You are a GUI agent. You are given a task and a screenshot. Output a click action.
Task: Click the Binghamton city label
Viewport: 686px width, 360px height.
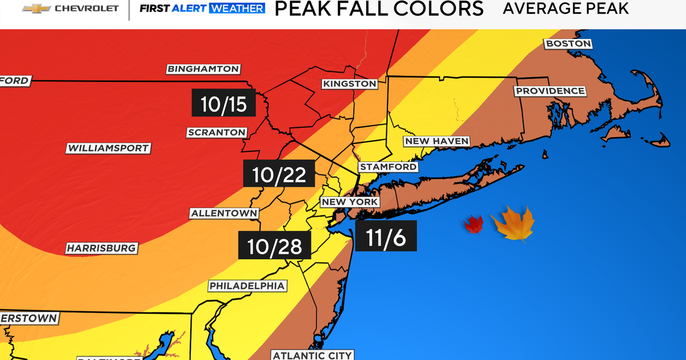pyautogui.click(x=203, y=69)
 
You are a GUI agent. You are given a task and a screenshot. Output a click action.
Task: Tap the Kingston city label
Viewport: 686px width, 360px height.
pyautogui.click(x=349, y=83)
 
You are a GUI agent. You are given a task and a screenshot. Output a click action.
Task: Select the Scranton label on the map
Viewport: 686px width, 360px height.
pyautogui.click(x=217, y=133)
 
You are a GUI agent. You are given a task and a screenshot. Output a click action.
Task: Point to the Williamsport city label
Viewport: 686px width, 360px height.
pyautogui.click(x=108, y=148)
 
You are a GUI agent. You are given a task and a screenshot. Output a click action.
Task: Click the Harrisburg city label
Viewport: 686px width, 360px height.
pyautogui.click(x=101, y=248)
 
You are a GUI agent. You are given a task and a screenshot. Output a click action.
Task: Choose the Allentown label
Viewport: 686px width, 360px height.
pyautogui.click(x=225, y=213)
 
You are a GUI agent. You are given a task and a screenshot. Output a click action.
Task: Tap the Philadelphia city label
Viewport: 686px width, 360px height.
pyautogui.click(x=247, y=285)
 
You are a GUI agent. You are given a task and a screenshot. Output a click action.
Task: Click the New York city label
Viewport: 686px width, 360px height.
pyautogui.click(x=349, y=202)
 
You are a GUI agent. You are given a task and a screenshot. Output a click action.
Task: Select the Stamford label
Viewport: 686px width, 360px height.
pyautogui.click(x=388, y=167)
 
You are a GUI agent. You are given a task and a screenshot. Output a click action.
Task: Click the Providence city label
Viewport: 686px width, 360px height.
pyautogui.click(x=550, y=91)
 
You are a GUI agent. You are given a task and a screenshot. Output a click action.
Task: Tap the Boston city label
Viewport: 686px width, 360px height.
pyautogui.click(x=568, y=43)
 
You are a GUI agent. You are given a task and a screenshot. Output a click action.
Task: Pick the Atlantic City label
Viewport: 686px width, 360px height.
pyautogui.click(x=312, y=355)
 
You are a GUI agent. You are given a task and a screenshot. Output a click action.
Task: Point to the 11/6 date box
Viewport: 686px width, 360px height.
pyautogui.click(x=385, y=235)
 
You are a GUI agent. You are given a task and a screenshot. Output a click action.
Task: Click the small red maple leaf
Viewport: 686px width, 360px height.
pyautogui.click(x=473, y=224)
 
